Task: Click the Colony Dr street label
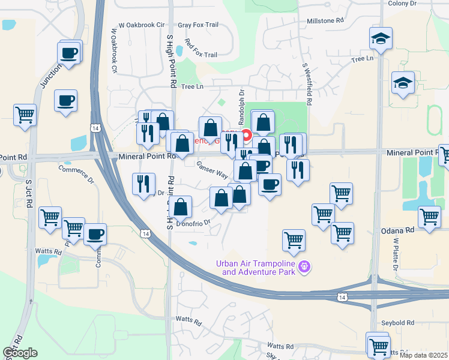pos(402,4)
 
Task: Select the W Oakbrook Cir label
pos(141,25)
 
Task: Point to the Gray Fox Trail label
pos(198,25)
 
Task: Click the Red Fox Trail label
pos(201,48)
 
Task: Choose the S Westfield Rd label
pos(307,84)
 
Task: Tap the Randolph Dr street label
pos(242,108)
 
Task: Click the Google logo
pos(20,353)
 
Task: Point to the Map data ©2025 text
pos(423,355)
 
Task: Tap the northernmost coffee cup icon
pos(70,52)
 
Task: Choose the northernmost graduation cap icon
pos(381,39)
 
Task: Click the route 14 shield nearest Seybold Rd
pos(342,297)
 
